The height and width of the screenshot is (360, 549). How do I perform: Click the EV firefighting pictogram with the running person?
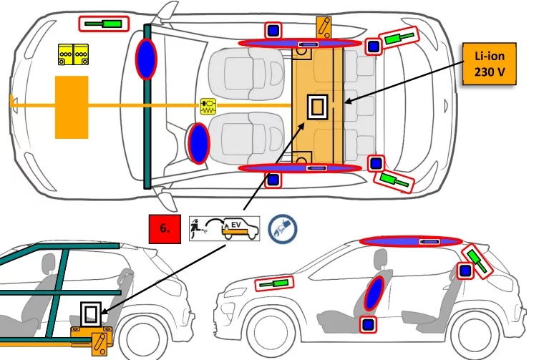[x=225, y=227]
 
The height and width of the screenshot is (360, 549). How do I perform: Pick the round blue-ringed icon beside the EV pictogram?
[x=282, y=228]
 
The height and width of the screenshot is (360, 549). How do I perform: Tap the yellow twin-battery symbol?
[x=72, y=54]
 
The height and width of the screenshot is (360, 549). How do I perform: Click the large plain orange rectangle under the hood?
[x=72, y=107]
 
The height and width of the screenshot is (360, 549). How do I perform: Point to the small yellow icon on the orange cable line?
[x=208, y=107]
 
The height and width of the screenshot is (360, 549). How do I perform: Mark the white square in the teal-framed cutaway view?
[x=90, y=313]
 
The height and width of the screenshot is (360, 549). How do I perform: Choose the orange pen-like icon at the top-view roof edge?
[x=324, y=28]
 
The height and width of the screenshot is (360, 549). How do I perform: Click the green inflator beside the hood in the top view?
[x=103, y=24]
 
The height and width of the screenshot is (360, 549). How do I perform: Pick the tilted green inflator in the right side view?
[x=477, y=259]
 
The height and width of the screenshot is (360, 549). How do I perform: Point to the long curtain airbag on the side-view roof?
[x=410, y=241]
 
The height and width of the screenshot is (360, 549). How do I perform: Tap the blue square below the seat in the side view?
[x=369, y=325]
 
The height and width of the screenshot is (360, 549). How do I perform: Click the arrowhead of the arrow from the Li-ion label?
[x=348, y=103]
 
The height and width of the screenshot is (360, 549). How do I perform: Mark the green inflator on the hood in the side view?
[x=274, y=283]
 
